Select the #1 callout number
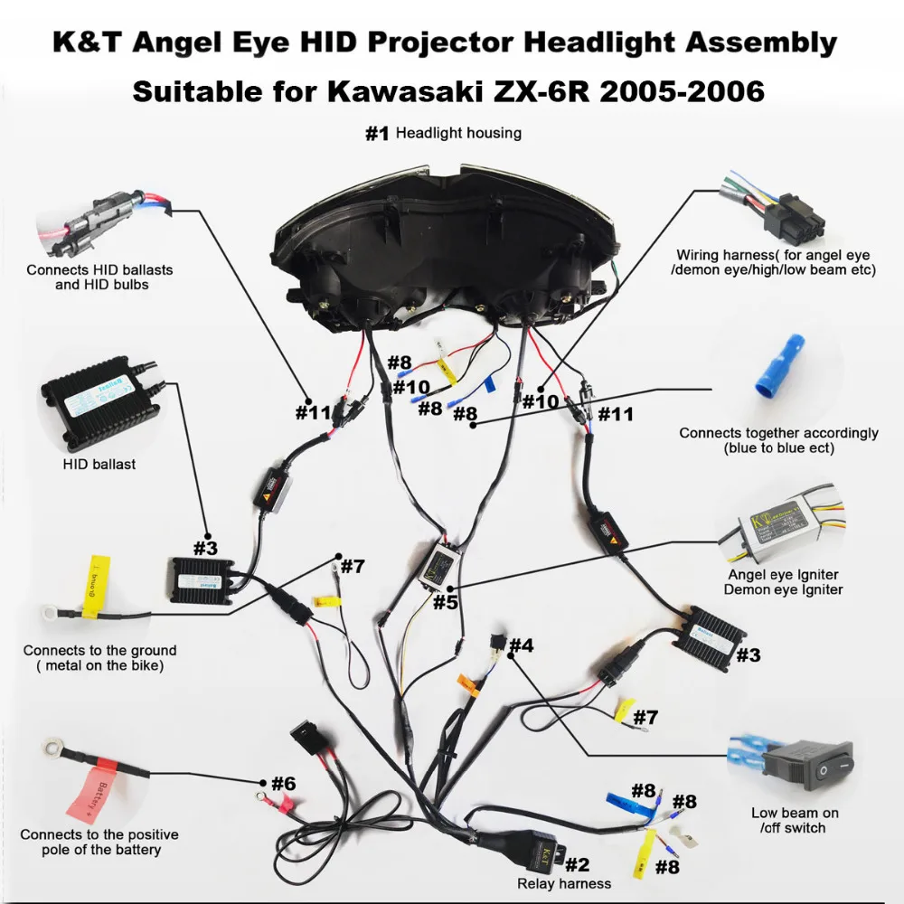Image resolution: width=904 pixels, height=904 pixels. click(x=377, y=134)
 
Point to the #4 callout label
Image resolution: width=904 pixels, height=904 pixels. click(x=521, y=645)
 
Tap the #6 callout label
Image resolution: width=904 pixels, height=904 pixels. click(x=283, y=783)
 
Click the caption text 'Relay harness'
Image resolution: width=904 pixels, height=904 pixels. click(x=563, y=883)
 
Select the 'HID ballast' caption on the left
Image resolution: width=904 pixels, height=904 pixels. click(x=99, y=464)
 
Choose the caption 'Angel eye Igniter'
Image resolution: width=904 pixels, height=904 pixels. click(x=783, y=574)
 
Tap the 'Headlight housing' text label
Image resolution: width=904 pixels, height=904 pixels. click(x=458, y=134)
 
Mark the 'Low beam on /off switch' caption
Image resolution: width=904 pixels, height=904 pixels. click(x=794, y=820)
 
